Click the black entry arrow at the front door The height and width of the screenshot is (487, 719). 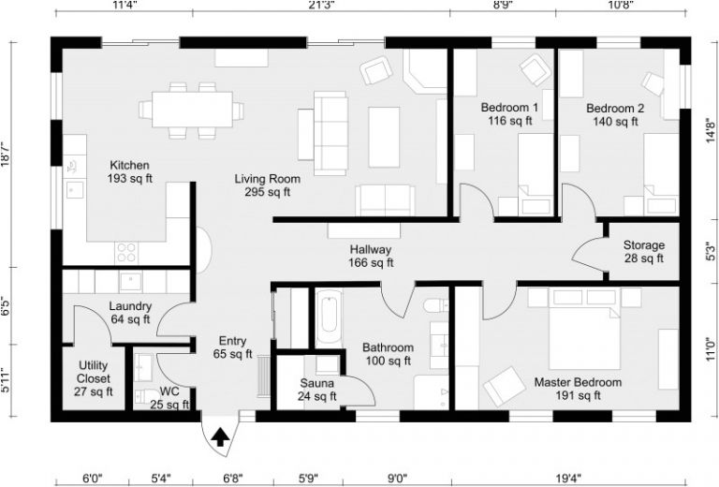click(221, 436)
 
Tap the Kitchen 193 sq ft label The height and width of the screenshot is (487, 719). click(129, 171)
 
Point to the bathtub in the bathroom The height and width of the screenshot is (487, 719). click(329, 318)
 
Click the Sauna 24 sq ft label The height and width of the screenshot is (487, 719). click(317, 390)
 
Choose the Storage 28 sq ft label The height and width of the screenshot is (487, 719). click(644, 252)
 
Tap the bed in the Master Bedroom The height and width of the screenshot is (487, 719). click(582, 329)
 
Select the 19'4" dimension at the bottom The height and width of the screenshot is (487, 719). click(568, 478)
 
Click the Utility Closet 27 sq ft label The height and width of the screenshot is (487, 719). click(93, 378)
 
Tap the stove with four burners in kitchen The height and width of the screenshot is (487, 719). click(125, 251)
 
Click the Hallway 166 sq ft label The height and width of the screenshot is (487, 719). click(370, 257)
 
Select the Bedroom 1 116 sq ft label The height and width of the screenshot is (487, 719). click(509, 114)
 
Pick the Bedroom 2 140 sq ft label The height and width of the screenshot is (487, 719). click(615, 114)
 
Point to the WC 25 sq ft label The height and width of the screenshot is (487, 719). click(169, 398)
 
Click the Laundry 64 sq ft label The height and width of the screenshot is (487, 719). click(129, 313)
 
